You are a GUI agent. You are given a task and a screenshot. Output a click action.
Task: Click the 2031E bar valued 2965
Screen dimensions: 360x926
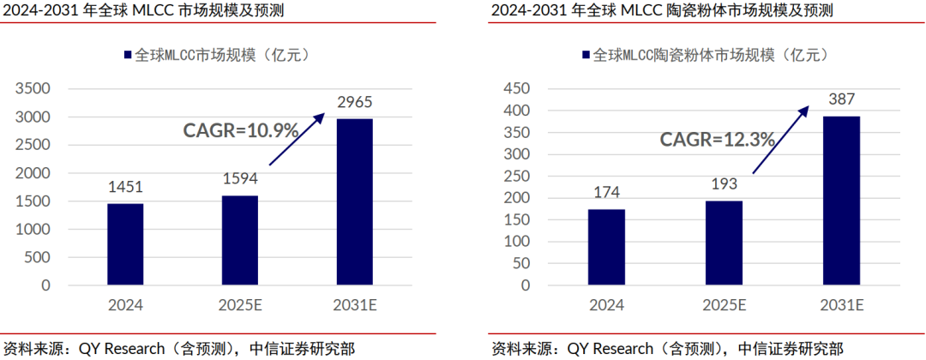tap(354, 201)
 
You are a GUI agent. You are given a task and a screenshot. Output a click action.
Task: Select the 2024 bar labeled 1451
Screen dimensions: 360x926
tap(125, 244)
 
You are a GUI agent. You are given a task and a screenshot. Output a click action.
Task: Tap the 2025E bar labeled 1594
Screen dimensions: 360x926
tap(239, 240)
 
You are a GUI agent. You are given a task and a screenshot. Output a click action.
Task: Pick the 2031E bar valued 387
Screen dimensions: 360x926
tap(841, 201)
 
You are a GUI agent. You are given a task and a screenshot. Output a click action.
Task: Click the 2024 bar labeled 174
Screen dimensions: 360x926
tap(606, 247)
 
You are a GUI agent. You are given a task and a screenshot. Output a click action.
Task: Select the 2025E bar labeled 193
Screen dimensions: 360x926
tap(724, 243)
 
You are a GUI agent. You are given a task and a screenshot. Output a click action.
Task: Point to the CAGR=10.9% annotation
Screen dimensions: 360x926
tap(241, 130)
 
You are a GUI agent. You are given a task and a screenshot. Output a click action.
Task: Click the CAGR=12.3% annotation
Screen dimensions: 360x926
tap(717, 139)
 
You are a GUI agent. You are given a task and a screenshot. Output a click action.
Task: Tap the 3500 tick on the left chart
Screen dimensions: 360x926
tap(34, 89)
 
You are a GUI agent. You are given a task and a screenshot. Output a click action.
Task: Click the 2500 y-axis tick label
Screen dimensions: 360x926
tap(34, 145)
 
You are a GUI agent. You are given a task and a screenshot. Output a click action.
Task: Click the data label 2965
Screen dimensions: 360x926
tap(354, 104)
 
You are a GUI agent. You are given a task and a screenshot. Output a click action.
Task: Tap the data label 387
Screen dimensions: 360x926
tap(841, 99)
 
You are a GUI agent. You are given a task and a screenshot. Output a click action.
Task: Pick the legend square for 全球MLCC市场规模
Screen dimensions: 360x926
tap(128, 55)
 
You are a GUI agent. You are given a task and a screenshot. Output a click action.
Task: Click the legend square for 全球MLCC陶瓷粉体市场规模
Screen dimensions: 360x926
tap(586, 55)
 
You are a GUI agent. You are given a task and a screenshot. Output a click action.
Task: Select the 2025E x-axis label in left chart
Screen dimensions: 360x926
tap(239, 305)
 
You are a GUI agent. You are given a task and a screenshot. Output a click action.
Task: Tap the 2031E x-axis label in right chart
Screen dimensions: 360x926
tap(841, 305)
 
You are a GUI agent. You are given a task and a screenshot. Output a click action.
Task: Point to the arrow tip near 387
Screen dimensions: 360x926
tap(808, 107)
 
